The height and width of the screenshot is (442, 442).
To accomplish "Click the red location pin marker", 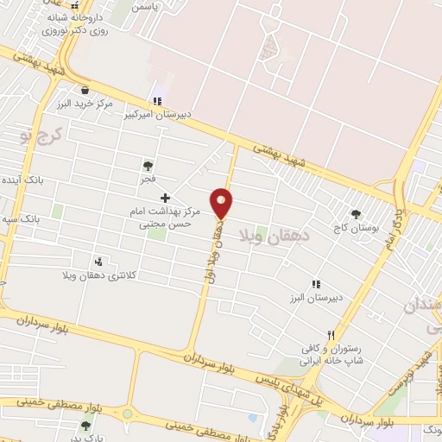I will pyautogui.click(x=222, y=202).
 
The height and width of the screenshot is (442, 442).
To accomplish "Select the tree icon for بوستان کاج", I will pyautogui.click(x=356, y=214).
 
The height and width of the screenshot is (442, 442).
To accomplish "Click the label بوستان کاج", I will pyautogui.click(x=356, y=228).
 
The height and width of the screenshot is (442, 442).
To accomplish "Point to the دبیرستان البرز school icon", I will pyautogui.click(x=315, y=283).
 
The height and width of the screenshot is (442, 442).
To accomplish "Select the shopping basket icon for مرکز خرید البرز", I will pyautogui.click(x=85, y=90).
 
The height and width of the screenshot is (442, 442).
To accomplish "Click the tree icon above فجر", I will pyautogui.click(x=148, y=165).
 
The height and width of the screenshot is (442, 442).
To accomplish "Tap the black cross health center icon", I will pyautogui.click(x=165, y=198).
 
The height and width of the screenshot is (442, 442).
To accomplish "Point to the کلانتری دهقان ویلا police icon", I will pyautogui.click(x=100, y=261).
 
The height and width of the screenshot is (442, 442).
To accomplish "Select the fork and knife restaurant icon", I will pyautogui.click(x=330, y=334).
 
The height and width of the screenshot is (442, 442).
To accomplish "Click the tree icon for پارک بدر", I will pyautogui.click(x=85, y=425).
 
